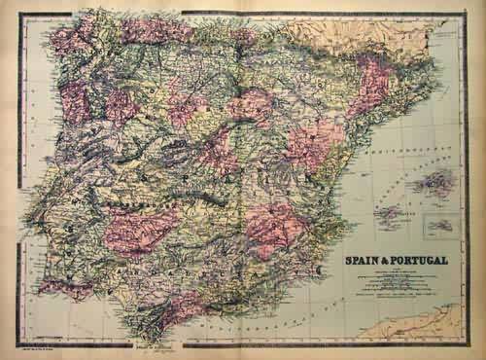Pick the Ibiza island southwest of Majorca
390,215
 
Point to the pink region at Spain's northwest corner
73,39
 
